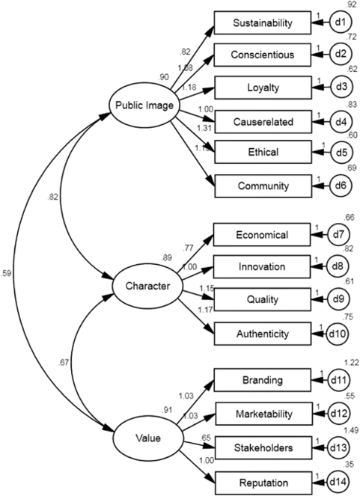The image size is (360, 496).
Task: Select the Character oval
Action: [142, 285]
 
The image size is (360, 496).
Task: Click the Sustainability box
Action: [263, 23]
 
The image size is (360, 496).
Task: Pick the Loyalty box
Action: [263, 88]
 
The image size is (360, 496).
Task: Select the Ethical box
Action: [263, 152]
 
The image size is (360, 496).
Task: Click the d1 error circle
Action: [340, 23]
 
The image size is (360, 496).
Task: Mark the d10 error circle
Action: [340, 331]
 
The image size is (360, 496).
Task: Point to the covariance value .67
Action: [66, 362]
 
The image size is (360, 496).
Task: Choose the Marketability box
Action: [263, 412]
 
